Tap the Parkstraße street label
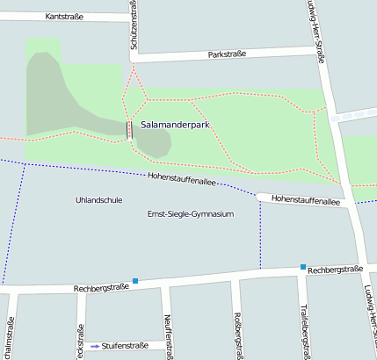[227, 54]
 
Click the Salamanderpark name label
[174, 126]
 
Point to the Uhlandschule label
[99, 200]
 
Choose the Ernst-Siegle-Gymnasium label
[190, 214]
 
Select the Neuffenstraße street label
[164, 335]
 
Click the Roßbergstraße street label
[237, 335]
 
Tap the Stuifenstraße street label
[126, 346]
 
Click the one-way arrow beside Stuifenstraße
[95, 346]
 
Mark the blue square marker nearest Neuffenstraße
[135, 281]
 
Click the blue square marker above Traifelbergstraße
[302, 267]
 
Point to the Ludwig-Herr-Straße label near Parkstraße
[316, 31]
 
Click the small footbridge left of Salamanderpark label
[130, 130]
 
